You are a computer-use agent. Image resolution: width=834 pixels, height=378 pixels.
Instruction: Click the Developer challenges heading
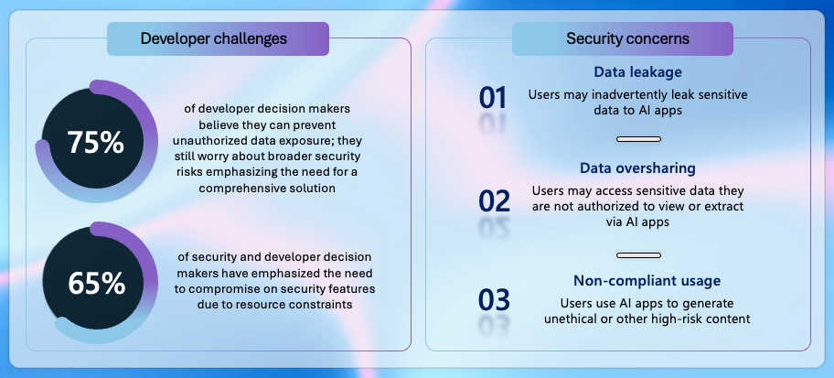(x=214, y=38)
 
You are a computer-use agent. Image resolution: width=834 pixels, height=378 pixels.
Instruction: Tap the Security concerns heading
(x=627, y=38)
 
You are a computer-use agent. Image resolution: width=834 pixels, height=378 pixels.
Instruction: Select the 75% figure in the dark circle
(x=96, y=143)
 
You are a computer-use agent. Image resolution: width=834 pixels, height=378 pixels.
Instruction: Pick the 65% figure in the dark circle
(x=96, y=284)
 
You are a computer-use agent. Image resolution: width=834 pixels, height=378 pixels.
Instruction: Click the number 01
(x=493, y=98)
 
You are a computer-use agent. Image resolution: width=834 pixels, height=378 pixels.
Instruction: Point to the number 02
(x=494, y=200)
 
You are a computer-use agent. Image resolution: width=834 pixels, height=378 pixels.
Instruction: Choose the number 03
(x=494, y=300)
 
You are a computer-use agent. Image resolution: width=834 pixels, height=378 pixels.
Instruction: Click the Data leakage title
(x=637, y=72)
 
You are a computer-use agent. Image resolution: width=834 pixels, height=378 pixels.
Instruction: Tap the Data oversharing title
(x=637, y=168)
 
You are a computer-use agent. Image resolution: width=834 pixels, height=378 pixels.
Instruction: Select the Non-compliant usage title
(x=647, y=281)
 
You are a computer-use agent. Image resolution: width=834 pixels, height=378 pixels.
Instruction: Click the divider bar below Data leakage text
(x=638, y=139)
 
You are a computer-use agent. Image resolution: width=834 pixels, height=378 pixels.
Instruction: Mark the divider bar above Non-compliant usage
(x=638, y=255)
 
